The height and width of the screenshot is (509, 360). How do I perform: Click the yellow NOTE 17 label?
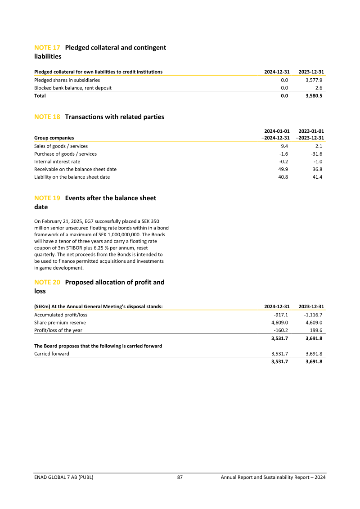coord(47,48)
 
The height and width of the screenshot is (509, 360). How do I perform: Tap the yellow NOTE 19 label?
coord(47,198)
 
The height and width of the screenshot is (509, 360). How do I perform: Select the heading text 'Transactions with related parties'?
coord(115,117)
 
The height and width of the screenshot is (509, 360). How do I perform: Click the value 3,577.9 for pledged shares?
coord(314,80)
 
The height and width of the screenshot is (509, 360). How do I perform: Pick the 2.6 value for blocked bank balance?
coord(319,88)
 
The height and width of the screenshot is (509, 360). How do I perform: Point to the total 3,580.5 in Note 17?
coord(314,96)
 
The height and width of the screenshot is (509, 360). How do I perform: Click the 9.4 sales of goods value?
coord(284,146)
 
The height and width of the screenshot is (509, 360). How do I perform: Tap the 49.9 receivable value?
coord(283,169)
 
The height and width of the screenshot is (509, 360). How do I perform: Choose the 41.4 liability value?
coord(317,177)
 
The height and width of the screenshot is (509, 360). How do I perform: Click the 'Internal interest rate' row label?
coord(57,162)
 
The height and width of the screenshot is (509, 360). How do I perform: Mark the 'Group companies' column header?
coord(54,138)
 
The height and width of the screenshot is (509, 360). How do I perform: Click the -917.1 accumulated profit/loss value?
coord(281,315)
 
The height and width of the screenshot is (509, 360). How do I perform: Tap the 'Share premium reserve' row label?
coord(60,323)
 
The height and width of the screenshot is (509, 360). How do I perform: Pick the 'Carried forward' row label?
coord(52,354)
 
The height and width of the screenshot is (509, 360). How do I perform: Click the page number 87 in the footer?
coord(180,477)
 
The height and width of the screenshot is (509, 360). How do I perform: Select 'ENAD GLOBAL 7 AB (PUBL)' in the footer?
coord(64,477)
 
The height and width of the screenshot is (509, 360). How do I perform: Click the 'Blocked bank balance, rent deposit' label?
coord(73,88)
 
